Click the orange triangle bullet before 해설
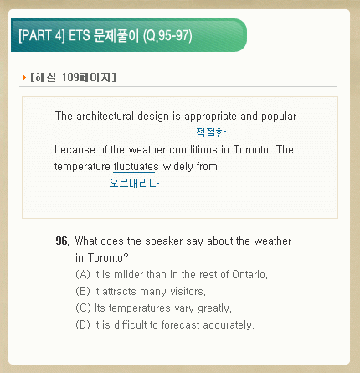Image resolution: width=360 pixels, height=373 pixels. coord(24,77)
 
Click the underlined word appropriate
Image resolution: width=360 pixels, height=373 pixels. coord(211,117)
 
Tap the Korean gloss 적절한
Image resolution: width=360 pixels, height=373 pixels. coord(211,132)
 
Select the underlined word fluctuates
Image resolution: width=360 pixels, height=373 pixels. coord(136,167)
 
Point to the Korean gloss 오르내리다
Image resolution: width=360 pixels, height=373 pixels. coord(134,183)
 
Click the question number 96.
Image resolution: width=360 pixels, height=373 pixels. coord(63,241)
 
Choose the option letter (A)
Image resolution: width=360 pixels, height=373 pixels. coord(83,274)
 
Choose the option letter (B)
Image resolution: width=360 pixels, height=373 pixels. coord(83,291)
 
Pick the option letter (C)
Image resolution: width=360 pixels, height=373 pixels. coord(83,308)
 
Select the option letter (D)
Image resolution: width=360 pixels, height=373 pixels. coord(83,324)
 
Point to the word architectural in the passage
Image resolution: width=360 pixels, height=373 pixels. coord(105,116)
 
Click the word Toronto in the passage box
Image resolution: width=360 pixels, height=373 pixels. coord(251,150)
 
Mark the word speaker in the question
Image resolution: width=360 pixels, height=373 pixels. coord(164,241)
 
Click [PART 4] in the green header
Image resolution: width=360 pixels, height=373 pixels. coord(42,36)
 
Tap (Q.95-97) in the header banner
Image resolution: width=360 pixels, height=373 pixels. coord(167,36)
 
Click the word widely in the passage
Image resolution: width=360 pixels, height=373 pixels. coord(178,167)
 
